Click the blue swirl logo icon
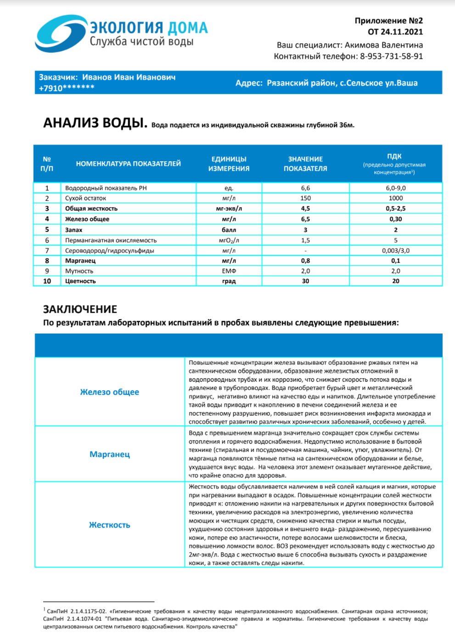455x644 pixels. (x=60, y=34)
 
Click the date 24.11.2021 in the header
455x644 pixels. (x=401, y=32)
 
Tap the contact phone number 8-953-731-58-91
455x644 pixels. (x=391, y=56)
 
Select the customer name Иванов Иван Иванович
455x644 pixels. (x=129, y=77)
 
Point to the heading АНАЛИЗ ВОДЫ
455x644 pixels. (x=95, y=123)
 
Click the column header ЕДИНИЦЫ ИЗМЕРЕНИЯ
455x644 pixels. (x=229, y=164)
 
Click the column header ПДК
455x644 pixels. (x=394, y=156)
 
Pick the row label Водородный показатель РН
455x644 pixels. (x=106, y=188)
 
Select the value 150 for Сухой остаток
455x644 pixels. (x=305, y=198)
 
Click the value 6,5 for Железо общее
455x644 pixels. (x=305, y=219)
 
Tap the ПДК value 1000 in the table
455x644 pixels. (x=395, y=198)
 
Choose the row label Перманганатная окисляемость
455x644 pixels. (x=111, y=240)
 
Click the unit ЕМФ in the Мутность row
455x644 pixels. (x=229, y=271)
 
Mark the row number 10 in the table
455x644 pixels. (x=47, y=281)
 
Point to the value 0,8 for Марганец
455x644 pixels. (x=305, y=260)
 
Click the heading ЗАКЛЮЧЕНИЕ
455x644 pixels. (x=80, y=309)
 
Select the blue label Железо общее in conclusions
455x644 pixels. (x=109, y=392)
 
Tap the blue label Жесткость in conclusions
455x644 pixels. (x=109, y=525)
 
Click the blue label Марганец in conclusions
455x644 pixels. (x=109, y=454)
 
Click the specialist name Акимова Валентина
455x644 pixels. (x=383, y=45)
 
